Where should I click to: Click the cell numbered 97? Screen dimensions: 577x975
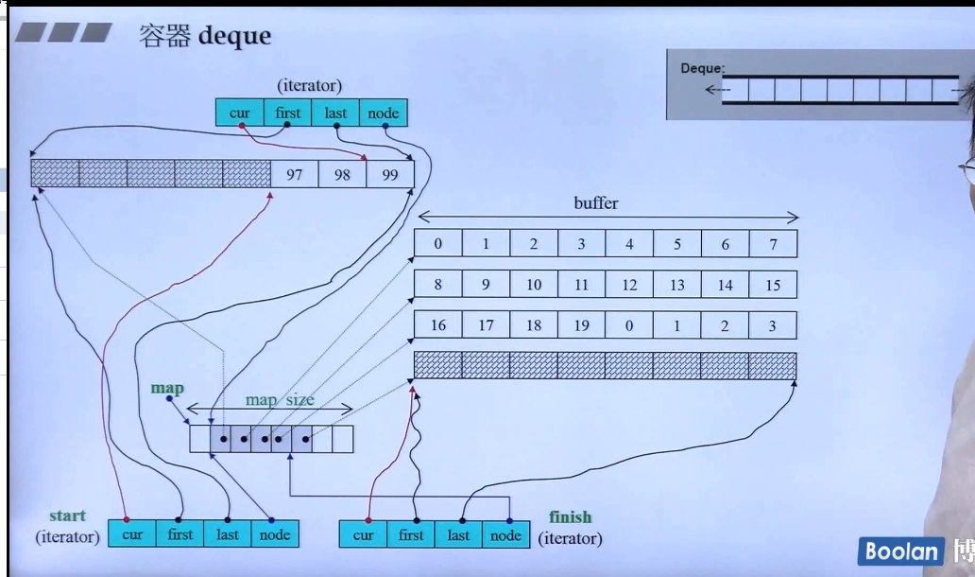295,174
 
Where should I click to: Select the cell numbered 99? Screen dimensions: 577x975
390,174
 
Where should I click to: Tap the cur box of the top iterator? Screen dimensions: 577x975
240,114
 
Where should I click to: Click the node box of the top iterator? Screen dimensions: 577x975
383,114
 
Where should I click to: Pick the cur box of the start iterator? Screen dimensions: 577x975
132,534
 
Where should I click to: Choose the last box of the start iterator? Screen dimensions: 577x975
228,534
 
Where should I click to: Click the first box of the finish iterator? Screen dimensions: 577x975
411,535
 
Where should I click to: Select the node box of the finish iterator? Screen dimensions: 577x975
505,535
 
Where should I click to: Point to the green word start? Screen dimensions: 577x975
67,516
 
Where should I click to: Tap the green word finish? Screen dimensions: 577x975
570,517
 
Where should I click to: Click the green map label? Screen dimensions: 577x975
167,388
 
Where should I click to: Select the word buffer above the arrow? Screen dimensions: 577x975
596,203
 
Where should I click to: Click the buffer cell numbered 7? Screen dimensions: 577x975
773,244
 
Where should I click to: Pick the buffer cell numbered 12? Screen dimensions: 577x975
629,285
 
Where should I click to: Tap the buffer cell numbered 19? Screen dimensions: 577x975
581,325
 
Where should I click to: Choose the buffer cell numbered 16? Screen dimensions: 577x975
438,325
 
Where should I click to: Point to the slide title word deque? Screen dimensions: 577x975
234,36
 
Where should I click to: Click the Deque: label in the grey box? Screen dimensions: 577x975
702,68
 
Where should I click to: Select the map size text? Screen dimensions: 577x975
280,400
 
